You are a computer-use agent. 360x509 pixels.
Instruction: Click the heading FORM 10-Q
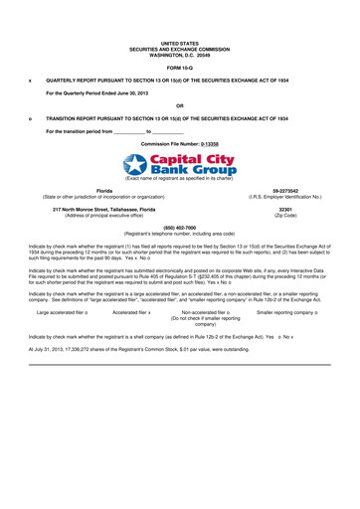(179, 67)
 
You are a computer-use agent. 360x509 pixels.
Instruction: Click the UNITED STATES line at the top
(179, 44)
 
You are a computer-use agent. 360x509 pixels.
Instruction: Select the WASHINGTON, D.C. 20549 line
(179, 54)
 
